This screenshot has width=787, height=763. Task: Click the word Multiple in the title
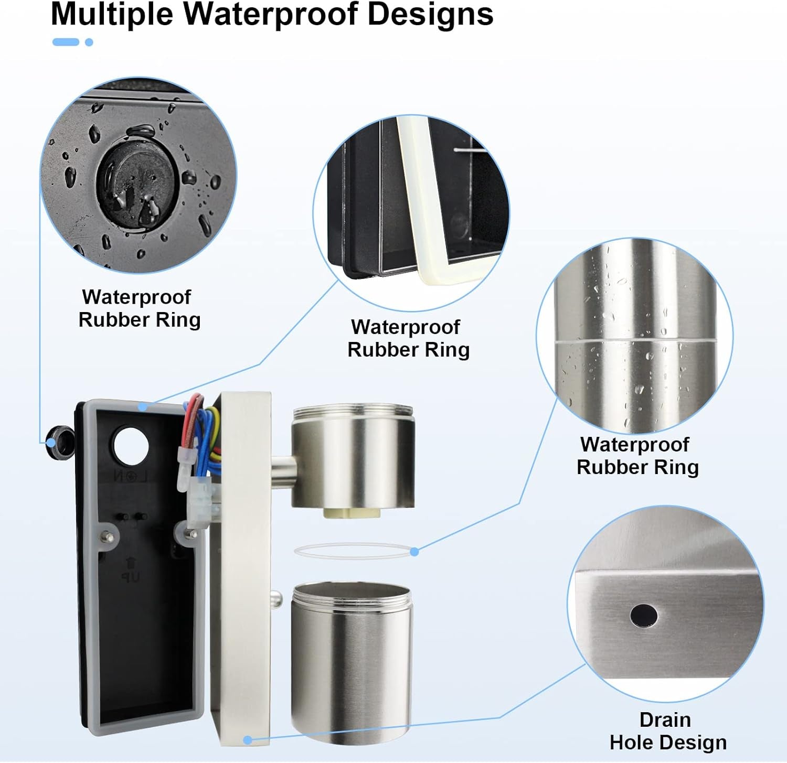click(112, 14)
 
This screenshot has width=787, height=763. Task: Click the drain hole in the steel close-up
click(644, 616)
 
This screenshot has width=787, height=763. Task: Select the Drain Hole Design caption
click(667, 731)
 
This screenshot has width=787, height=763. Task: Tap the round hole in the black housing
click(131, 446)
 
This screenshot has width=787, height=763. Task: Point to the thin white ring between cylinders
click(353, 551)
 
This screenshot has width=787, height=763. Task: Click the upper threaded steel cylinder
click(353, 455)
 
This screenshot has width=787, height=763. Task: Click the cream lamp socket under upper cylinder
click(352, 512)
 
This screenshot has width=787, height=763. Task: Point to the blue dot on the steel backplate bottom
click(248, 740)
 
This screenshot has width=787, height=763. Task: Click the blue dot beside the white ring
click(414, 551)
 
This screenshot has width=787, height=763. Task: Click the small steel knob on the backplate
click(276, 598)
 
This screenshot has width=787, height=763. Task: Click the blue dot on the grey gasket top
click(143, 406)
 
